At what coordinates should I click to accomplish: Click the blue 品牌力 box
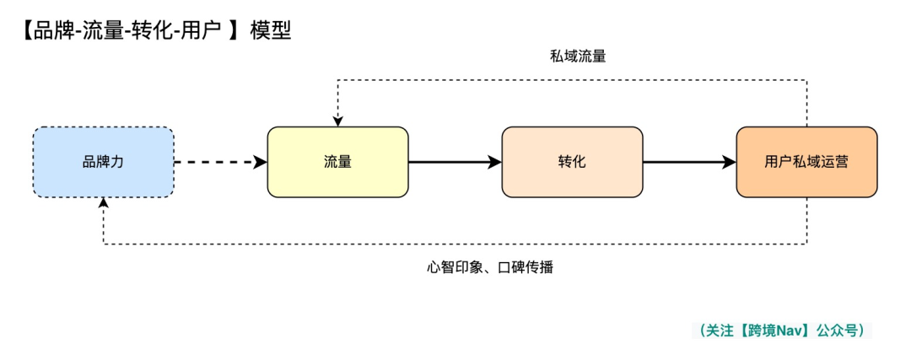[x=103, y=162]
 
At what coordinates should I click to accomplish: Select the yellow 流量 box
[x=337, y=162]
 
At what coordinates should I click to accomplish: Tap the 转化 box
[x=572, y=162]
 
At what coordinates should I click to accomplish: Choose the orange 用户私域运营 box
[x=806, y=162]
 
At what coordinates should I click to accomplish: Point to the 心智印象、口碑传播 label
[x=490, y=267]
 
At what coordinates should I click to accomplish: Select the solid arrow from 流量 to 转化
[x=455, y=162]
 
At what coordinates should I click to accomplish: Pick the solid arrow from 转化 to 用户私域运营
[x=689, y=162]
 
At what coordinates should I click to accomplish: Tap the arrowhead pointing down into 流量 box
[x=337, y=121]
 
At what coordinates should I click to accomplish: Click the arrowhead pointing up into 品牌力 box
[x=104, y=203]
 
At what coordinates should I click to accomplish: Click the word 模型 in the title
[x=270, y=30]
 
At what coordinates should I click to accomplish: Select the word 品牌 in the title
[x=39, y=30]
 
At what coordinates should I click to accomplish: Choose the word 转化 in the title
[x=148, y=30]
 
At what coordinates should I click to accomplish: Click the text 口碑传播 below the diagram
[x=526, y=267]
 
